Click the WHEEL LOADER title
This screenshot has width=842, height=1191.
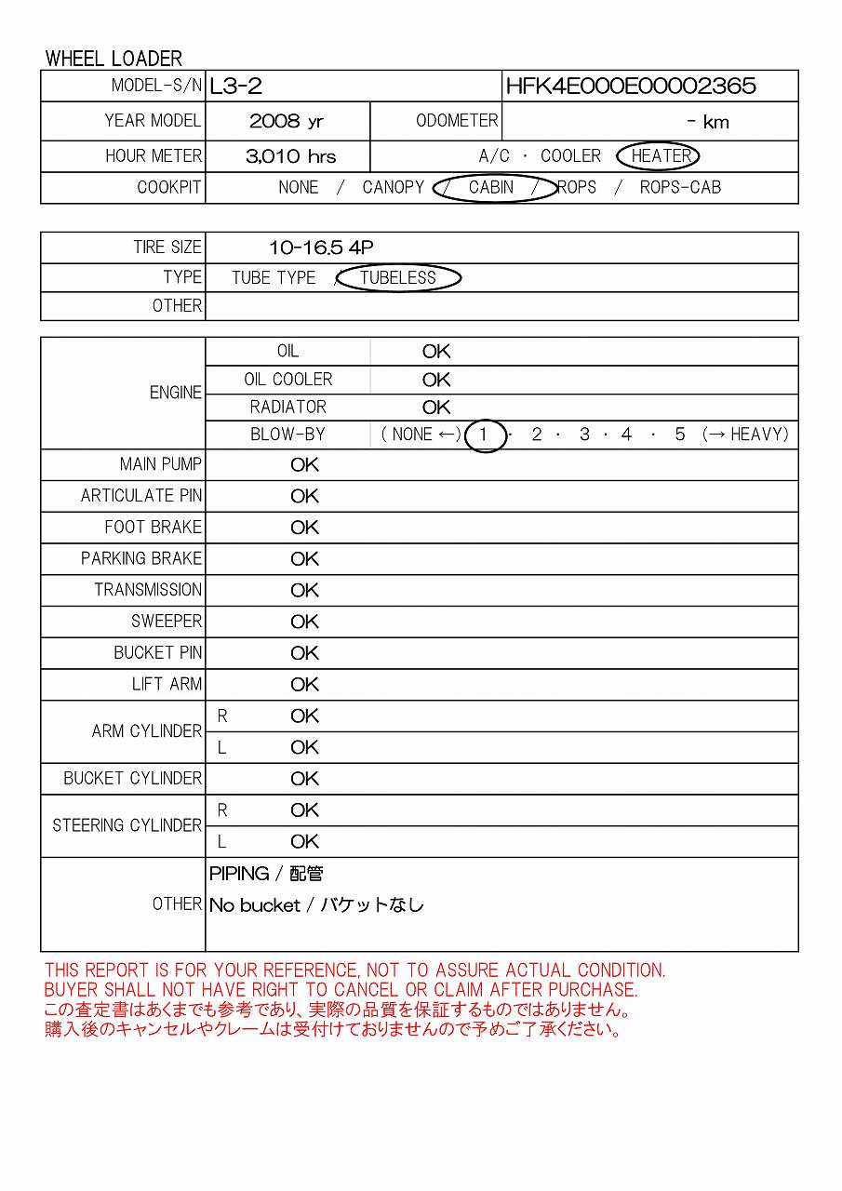[114, 59]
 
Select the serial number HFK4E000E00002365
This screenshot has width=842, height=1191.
[630, 87]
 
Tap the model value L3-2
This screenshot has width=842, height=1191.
[235, 87]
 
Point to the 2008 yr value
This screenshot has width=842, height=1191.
[286, 122]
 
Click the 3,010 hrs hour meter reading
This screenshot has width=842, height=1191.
[290, 156]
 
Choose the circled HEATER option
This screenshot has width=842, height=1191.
[662, 156]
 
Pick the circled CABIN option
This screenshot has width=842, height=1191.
[491, 187]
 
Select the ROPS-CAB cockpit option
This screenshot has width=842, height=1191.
[680, 187]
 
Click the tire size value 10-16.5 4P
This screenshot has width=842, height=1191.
[321, 248]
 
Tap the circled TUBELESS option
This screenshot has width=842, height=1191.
[398, 277]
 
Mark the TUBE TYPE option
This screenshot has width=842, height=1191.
[274, 277]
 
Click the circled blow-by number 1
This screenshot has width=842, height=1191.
[484, 435]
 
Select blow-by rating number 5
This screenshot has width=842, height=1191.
[680, 435]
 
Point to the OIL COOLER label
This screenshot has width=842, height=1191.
[288, 380]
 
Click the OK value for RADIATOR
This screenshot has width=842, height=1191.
[435, 408]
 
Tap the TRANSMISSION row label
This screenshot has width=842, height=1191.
[148, 590]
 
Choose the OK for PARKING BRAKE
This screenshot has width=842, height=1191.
[304, 559]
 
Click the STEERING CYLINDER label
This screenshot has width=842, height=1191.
[127, 825]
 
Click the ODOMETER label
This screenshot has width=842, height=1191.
[457, 121]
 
